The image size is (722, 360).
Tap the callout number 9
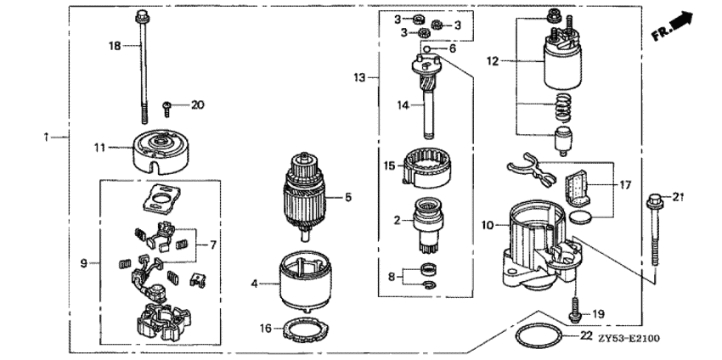tap(84, 264)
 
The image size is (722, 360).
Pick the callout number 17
tap(625, 183)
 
